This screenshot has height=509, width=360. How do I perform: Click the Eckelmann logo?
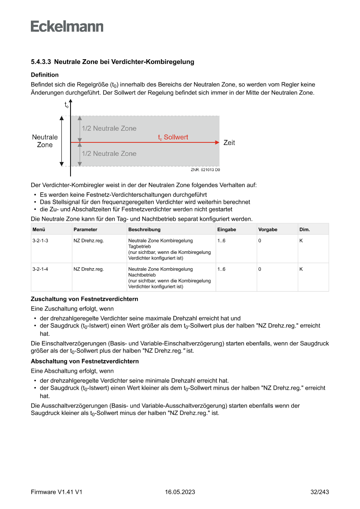tap(67, 27)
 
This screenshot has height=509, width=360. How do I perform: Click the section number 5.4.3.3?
tap(41, 62)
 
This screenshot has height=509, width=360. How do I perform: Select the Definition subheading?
tap(44, 75)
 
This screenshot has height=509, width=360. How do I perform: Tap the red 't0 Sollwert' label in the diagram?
tap(173, 137)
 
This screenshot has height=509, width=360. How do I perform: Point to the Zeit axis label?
tap(229, 142)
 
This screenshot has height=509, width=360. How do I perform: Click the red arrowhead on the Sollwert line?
tap(216, 142)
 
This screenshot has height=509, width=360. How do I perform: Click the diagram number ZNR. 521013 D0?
tap(205, 170)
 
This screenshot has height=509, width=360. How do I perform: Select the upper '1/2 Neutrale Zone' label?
tap(109, 128)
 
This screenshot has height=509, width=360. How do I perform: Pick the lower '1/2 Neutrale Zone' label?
tap(109, 154)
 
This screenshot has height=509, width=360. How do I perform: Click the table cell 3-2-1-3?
tap(40, 241)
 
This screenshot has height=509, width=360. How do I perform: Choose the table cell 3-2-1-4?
tap(40, 270)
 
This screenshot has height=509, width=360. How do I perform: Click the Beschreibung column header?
tap(144, 229)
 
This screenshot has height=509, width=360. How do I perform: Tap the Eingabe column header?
tap(226, 229)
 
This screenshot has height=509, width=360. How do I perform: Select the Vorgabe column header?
tap(267, 229)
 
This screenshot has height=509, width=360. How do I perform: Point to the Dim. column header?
tap(304, 229)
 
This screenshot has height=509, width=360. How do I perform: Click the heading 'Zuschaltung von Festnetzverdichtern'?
tap(84, 299)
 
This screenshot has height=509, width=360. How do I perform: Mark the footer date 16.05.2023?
tap(180, 492)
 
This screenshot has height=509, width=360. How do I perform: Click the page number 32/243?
tap(319, 492)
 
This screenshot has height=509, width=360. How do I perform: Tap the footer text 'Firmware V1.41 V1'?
tap(57, 492)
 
